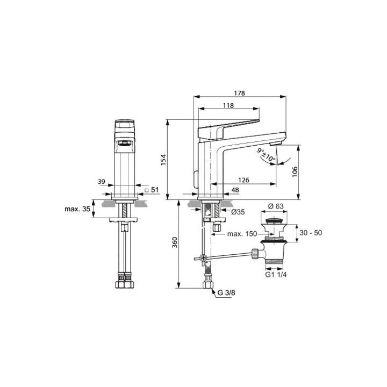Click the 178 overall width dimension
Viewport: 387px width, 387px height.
click(x=239, y=93)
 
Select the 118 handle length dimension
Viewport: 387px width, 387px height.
click(x=228, y=105)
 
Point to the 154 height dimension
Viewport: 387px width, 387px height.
click(x=163, y=160)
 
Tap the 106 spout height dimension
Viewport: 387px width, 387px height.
click(x=295, y=172)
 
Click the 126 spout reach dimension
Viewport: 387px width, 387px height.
click(x=243, y=180)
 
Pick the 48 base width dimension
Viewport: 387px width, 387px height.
click(x=235, y=190)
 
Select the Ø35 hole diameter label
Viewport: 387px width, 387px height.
click(x=238, y=212)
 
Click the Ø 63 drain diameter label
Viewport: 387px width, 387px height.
click(x=276, y=206)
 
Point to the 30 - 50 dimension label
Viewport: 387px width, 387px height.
click(x=311, y=233)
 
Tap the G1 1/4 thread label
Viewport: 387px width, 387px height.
click(x=276, y=275)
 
